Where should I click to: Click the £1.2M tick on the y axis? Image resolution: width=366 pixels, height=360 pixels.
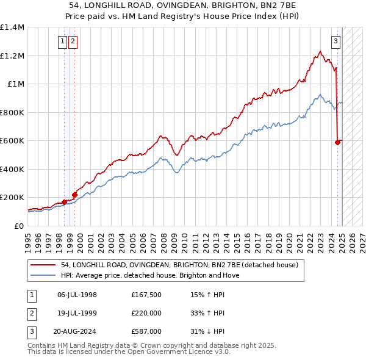click(x=12, y=56)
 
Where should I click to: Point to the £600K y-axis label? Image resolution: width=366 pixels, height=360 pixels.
click(x=12, y=140)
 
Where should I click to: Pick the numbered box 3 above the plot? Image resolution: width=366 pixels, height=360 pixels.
click(x=336, y=41)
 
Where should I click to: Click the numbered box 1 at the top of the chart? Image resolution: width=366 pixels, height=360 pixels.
click(x=63, y=41)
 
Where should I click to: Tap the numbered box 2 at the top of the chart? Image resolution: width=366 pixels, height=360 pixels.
click(x=73, y=41)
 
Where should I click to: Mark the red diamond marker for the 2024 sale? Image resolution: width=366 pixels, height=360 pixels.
click(x=337, y=143)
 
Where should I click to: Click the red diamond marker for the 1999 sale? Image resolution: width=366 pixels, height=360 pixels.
click(x=74, y=195)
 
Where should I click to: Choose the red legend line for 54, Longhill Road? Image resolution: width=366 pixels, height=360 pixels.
click(x=42, y=265)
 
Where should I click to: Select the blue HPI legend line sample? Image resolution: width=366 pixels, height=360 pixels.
click(x=42, y=275)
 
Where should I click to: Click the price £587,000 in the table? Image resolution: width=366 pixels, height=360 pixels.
click(x=146, y=331)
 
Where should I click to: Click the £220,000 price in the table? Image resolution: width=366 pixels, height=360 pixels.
click(x=146, y=313)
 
